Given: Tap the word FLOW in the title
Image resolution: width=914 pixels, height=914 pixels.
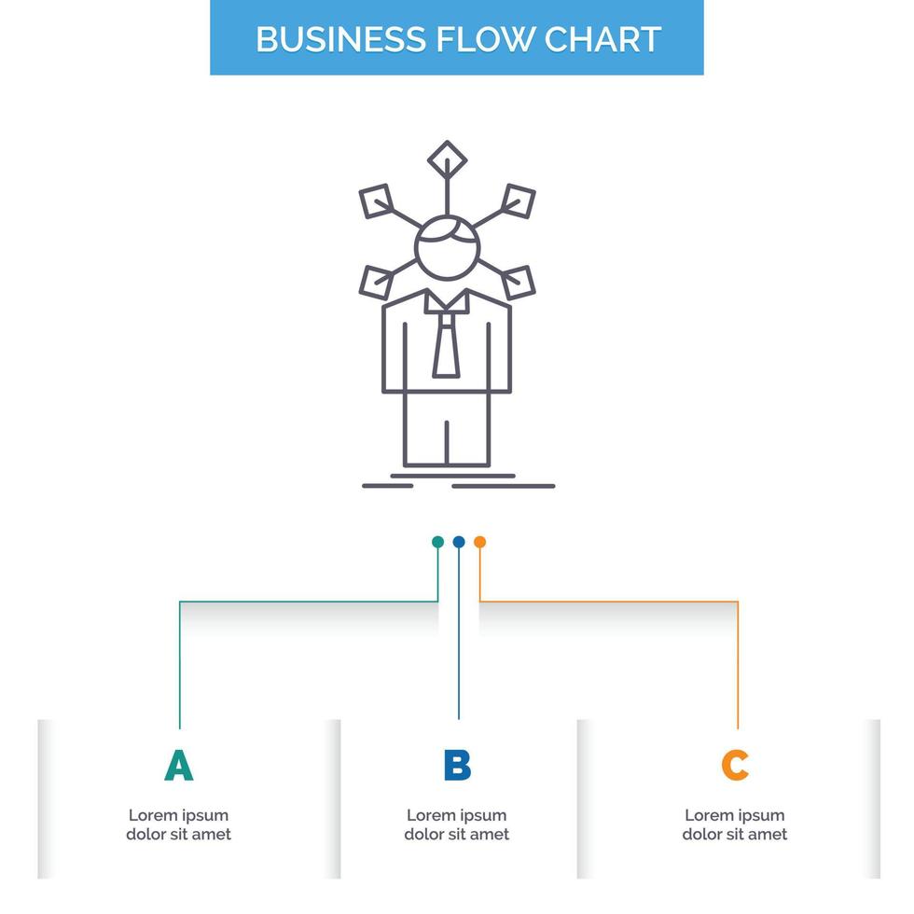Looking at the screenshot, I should click(478, 39).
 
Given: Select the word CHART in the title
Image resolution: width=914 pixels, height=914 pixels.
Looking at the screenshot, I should click(602, 39).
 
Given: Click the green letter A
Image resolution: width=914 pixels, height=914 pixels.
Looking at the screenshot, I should click(178, 765).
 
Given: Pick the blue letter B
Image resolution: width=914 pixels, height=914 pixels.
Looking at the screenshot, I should click(457, 765).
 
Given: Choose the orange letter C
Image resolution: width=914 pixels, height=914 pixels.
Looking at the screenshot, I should click(735, 765).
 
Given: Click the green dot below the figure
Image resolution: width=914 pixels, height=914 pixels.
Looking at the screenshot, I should click(437, 542).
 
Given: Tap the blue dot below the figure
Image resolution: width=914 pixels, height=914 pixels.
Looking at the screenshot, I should click(458, 542).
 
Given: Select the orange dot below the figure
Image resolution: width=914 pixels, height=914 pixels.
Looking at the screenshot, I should click(479, 542).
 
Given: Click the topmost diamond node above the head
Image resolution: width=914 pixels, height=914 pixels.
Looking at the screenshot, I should click(447, 158).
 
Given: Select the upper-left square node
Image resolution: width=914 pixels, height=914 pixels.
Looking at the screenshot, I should click(378, 201).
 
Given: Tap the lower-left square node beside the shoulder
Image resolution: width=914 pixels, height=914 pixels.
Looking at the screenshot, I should click(377, 281).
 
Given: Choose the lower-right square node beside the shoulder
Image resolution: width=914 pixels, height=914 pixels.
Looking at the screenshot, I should click(517, 280).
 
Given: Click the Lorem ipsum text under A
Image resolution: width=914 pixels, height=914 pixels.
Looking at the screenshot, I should click(178, 824).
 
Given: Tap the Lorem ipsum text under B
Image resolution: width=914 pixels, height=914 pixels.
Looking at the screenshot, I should click(457, 824).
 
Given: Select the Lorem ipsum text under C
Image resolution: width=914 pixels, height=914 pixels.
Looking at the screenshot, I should click(735, 824).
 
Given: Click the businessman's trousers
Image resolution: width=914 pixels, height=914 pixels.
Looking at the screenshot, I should click(446, 429).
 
